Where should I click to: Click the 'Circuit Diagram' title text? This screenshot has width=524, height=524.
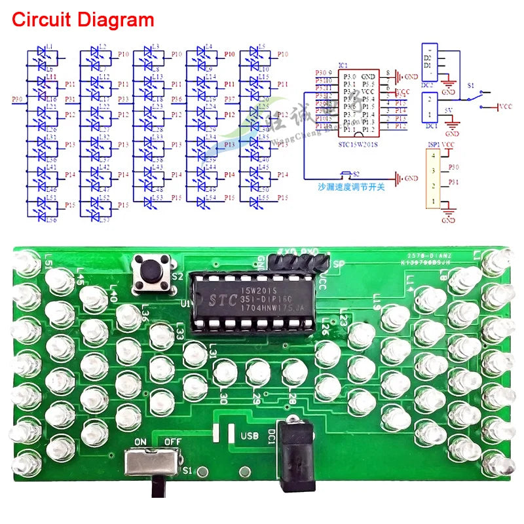83,20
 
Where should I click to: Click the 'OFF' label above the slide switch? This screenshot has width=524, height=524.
172,441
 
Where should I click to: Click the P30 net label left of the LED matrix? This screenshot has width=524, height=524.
18,100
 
